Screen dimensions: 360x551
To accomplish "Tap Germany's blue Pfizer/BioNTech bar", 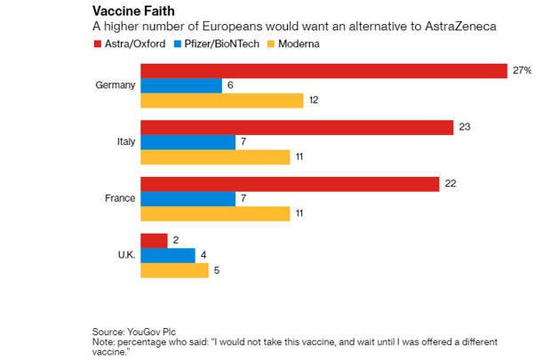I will coord(181,85).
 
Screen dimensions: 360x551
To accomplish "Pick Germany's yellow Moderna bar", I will coord(222,100).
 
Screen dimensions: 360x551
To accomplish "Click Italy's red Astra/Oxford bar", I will coord(297,127).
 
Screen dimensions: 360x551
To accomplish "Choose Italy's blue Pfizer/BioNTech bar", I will coord(188,142).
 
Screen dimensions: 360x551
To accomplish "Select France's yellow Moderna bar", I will coord(215,213).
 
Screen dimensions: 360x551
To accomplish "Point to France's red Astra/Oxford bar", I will coord(290,184).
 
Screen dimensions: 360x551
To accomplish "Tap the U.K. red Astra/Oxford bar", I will coord(154,240).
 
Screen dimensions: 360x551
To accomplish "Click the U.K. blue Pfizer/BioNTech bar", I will coord(167,255).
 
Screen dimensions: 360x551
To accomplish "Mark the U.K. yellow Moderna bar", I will coord(174,270).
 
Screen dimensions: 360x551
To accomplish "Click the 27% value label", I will coord(521,70).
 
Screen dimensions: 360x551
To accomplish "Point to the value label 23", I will coord(464,127).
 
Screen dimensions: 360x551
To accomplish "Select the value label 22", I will coord(450,184).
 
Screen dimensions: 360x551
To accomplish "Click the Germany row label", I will coord(115,85).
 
